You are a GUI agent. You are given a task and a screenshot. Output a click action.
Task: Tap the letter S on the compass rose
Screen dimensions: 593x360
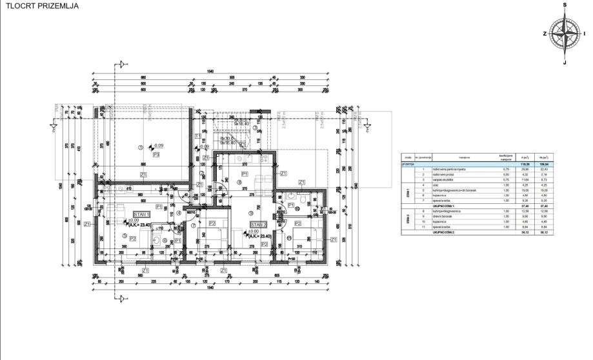click(565, 4)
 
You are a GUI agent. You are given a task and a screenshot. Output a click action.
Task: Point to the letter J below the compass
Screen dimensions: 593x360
click(565, 62)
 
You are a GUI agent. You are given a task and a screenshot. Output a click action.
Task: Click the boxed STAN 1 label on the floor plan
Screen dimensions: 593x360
click(142, 214)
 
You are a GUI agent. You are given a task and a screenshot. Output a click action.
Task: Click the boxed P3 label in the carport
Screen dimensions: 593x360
click(156, 155)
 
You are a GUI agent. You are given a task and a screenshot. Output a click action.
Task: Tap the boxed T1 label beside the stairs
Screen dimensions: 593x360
click(197, 135)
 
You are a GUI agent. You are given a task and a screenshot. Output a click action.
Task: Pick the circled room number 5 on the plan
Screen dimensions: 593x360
click(124, 236)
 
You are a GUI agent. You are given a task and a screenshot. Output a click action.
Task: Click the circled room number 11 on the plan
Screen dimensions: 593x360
click(280, 238)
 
